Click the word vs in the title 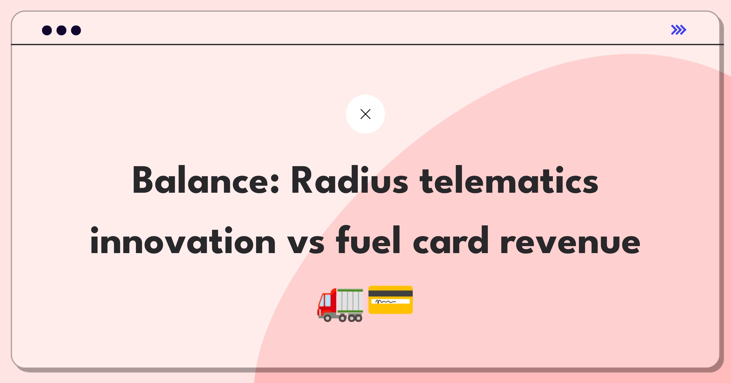click(306, 244)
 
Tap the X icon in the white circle click(365, 114)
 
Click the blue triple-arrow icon click(679, 30)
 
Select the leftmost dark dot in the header click(47, 30)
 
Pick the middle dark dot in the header click(62, 30)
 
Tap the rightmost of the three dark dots click(76, 30)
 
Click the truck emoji click(340, 305)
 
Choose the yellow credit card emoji click(390, 300)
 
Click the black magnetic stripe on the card click(390, 293)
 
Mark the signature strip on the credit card click(390, 302)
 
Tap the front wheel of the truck click(327, 318)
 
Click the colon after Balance click(274, 184)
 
